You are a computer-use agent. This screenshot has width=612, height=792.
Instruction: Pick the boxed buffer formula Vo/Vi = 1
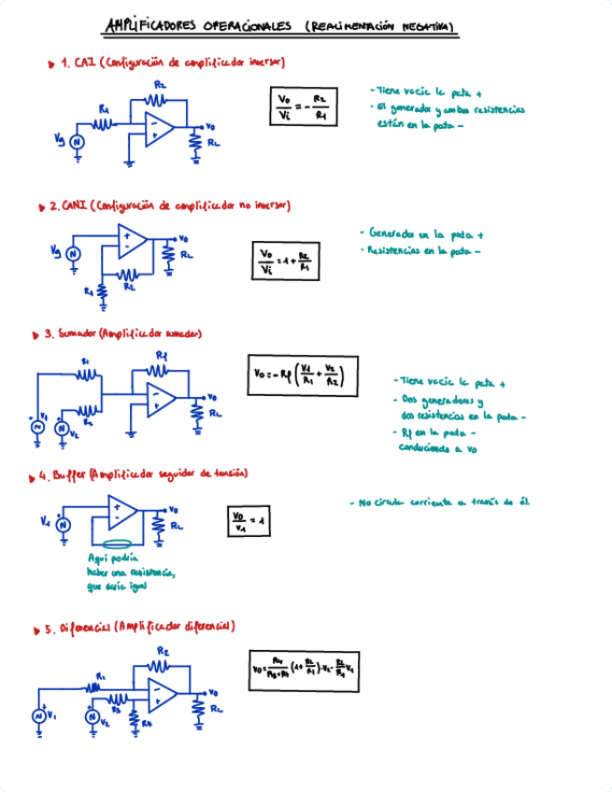248,522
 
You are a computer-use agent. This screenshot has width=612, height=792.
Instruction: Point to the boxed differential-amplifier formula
307,669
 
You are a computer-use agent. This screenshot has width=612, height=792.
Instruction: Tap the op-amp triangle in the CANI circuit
130,245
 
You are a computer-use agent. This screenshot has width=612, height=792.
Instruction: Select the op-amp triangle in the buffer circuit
122,514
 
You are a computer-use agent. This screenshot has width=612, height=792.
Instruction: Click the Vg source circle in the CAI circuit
78,141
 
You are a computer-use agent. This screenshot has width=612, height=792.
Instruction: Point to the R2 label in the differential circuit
163,650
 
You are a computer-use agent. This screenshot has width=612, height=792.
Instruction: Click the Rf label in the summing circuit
161,356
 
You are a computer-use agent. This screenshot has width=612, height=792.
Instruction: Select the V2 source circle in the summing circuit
62,429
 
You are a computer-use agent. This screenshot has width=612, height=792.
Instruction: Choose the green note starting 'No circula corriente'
444,502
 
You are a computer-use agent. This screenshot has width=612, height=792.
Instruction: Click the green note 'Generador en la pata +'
425,233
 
